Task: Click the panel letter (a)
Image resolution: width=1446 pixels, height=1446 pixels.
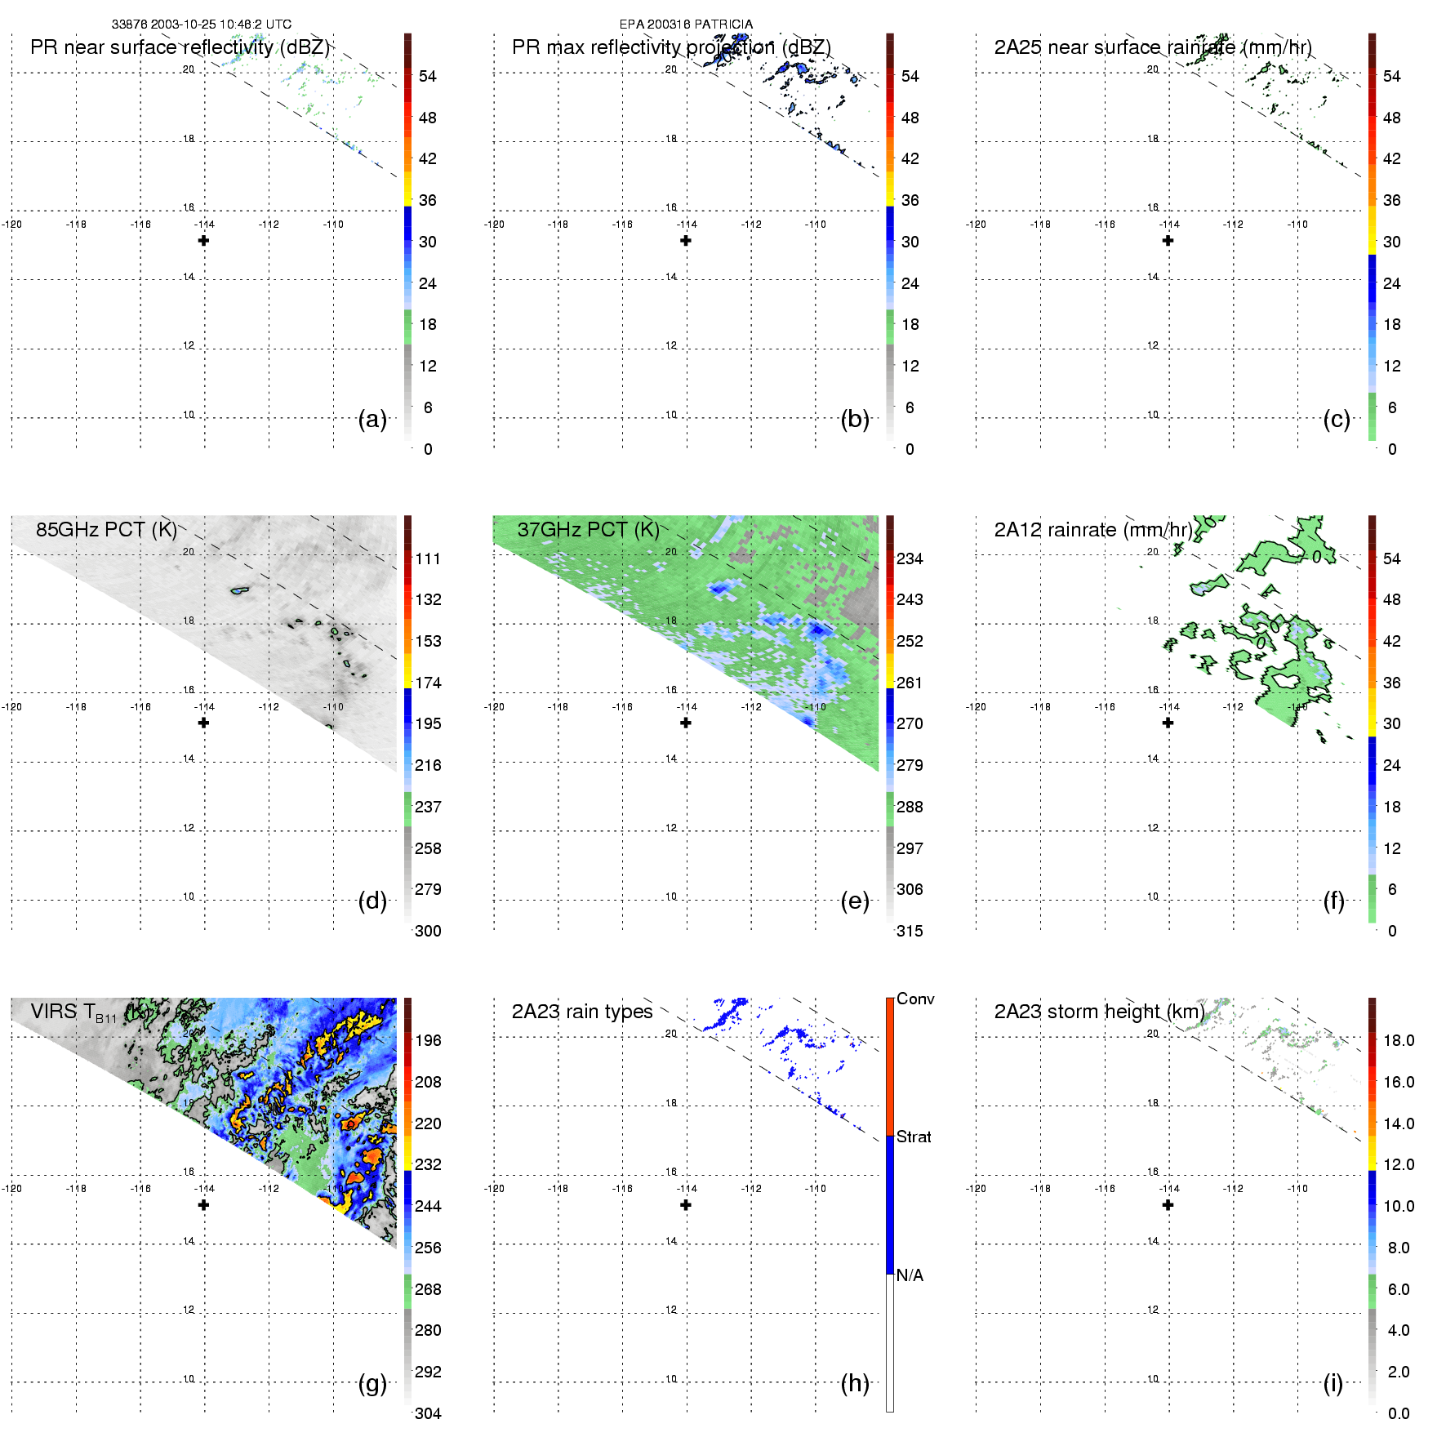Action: point(372,420)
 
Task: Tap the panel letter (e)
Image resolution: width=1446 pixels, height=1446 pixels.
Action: point(855,901)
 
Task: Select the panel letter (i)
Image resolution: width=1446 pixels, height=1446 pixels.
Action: point(1333,1383)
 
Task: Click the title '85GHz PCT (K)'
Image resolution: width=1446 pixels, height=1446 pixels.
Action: point(106,530)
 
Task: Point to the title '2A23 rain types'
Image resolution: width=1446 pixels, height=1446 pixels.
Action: point(582,1012)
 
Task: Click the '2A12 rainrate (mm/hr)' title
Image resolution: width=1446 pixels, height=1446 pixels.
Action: point(1093,530)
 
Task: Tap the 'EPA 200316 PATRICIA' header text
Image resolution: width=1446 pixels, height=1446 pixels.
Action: point(686,24)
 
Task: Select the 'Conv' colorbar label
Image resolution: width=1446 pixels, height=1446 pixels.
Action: point(915,999)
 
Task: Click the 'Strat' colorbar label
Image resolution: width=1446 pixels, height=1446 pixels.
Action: point(914,1137)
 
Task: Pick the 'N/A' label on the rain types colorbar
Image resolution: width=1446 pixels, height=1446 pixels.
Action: point(910,1275)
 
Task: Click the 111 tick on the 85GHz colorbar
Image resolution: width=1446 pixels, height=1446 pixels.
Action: point(428,559)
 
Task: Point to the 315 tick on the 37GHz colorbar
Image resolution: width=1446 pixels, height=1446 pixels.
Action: point(910,932)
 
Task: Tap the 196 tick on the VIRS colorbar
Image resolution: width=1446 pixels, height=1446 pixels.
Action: point(428,1041)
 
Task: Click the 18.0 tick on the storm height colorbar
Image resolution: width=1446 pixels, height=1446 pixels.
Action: point(1398,1041)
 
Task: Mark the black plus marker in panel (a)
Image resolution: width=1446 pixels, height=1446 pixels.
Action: point(204,241)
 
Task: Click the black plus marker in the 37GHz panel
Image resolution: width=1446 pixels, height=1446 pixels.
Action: point(686,723)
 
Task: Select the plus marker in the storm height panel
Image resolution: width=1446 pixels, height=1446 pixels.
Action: point(1168,1205)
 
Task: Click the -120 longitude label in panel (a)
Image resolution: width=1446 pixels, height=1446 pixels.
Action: point(12,225)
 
